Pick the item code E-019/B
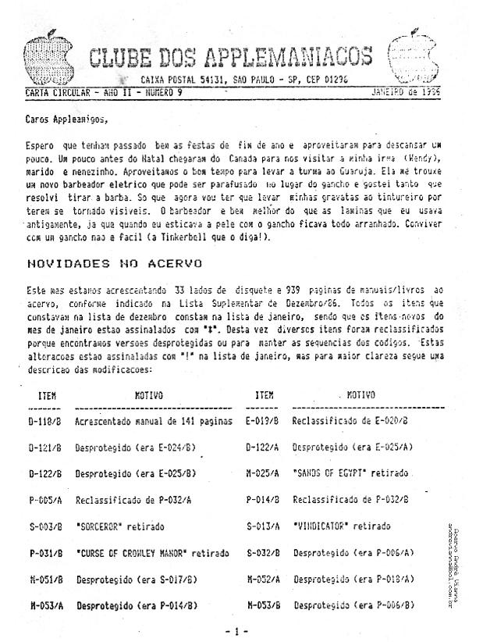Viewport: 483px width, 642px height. tap(262, 422)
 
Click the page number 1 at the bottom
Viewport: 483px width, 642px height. tap(241, 629)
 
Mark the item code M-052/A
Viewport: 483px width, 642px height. tap(262, 580)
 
